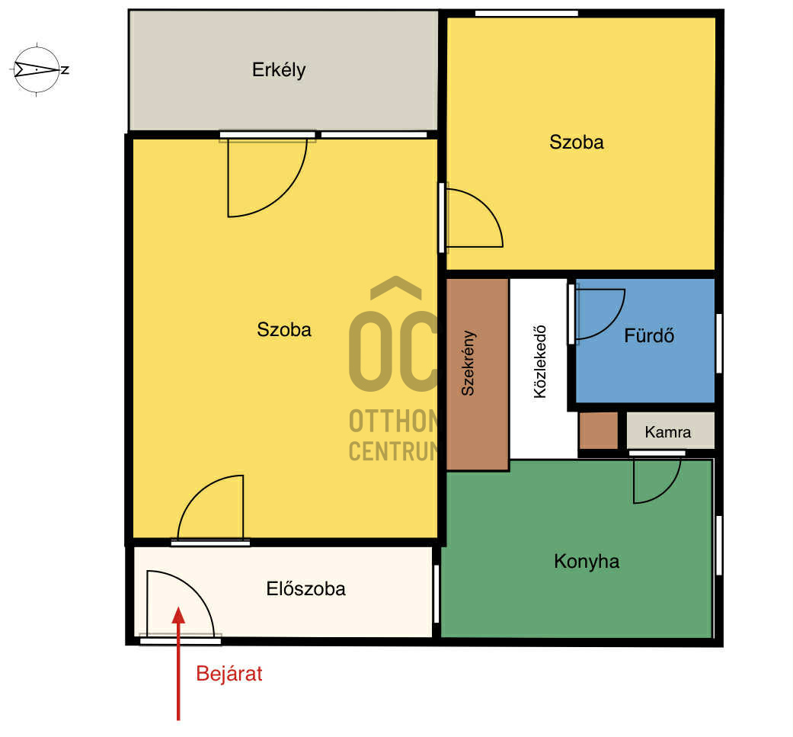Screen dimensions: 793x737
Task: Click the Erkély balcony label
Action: tap(279, 70)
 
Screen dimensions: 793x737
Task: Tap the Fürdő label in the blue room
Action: tap(649, 335)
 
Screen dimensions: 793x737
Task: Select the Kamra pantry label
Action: tap(667, 432)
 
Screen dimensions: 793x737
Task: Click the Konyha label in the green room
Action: tap(587, 562)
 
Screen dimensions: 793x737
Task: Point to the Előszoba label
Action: tap(306, 589)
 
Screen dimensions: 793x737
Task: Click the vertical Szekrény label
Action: tap(468, 363)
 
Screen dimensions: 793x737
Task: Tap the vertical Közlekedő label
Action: tap(540, 362)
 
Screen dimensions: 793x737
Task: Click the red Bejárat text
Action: tap(229, 674)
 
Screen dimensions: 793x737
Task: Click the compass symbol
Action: tap(37, 69)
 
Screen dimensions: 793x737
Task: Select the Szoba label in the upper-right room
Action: tap(577, 142)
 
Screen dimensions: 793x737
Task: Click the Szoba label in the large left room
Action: tap(283, 330)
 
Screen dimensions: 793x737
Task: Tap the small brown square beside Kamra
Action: tap(598, 431)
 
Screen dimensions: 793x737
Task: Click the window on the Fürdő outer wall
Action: tap(718, 343)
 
